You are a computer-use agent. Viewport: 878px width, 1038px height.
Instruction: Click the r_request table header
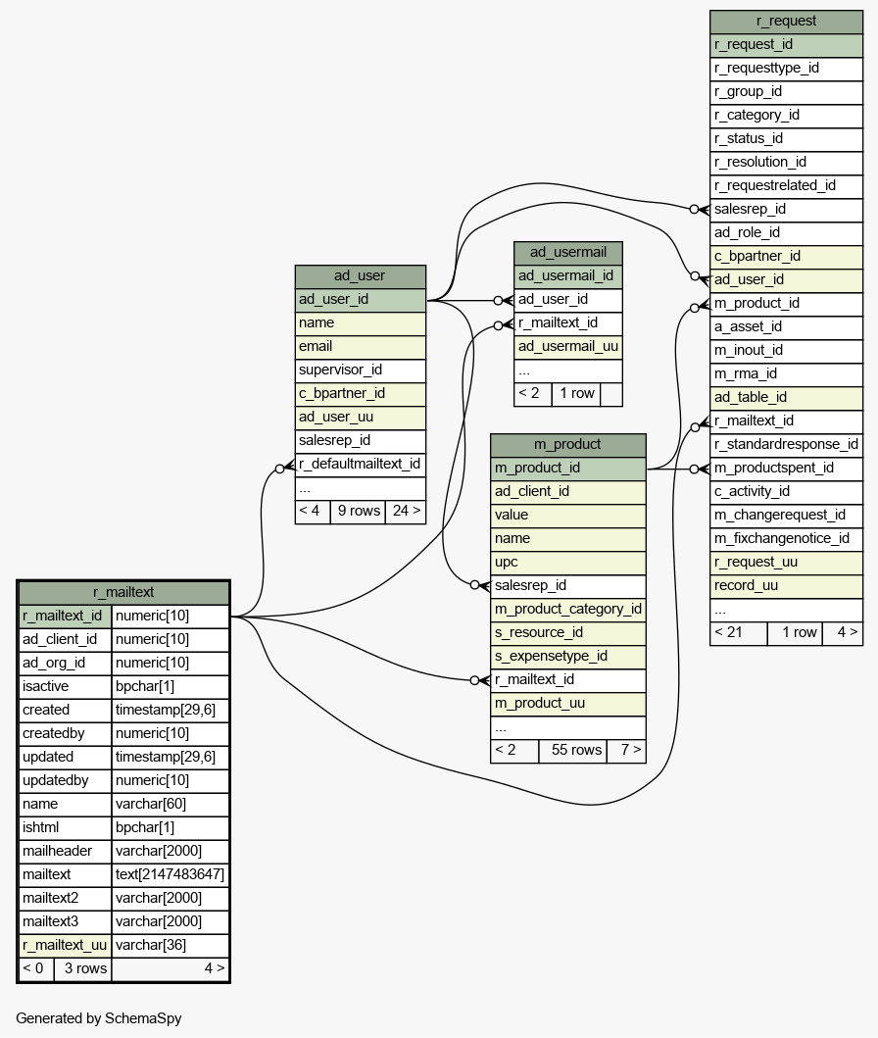pos(786,21)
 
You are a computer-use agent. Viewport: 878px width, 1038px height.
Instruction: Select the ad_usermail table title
pos(567,252)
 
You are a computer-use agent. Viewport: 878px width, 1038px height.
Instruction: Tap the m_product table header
pos(567,444)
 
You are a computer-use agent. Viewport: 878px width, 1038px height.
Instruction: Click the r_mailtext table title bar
pos(123,592)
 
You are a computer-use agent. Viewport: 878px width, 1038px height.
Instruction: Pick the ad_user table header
pos(360,275)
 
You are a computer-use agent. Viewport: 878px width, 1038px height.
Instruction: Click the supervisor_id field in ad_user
pos(341,370)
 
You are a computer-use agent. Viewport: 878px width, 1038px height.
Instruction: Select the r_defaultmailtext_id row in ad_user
pos(360,464)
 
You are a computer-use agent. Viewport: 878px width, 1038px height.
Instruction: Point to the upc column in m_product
pos(507,562)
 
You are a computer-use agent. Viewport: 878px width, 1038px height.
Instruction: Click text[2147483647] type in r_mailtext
pos(170,874)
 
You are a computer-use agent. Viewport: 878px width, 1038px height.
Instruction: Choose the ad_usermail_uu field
pos(568,346)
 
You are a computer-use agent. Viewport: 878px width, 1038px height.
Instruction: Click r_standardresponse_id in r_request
pos(786,444)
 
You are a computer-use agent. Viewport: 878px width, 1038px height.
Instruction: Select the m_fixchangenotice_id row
pos(782,538)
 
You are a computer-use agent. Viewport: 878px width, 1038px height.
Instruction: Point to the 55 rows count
pos(576,750)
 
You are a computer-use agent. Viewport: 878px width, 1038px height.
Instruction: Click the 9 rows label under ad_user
pos(359,510)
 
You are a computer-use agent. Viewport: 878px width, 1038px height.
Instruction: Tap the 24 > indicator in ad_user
pos(406,510)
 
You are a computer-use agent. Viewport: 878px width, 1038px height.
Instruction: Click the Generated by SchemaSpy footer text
pos(99,1017)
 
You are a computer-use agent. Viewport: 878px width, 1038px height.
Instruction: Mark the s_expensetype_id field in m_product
pos(551,656)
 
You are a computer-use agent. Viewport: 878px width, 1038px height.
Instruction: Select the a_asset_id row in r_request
pos(749,326)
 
